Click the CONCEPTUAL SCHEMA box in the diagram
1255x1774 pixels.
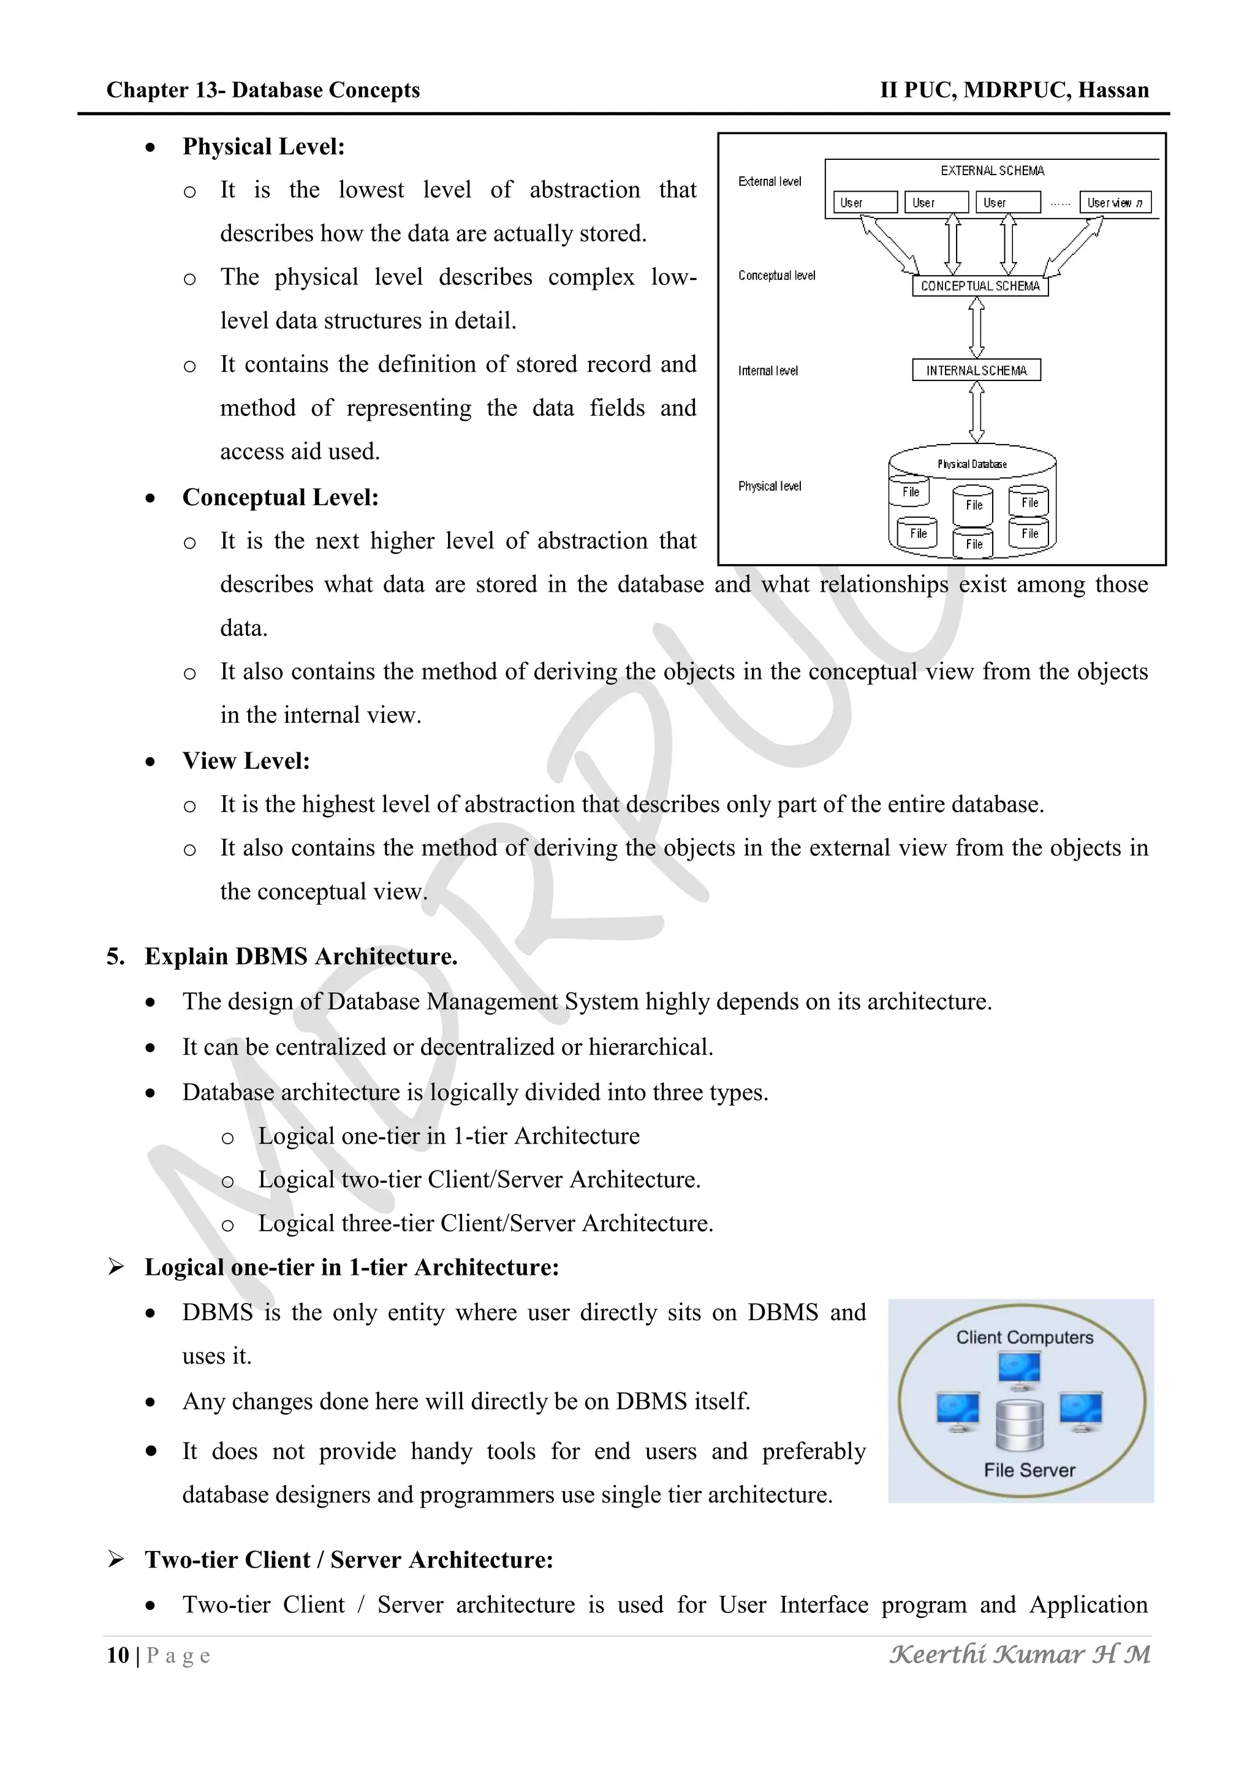(980, 286)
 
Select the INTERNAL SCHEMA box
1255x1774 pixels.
(976, 371)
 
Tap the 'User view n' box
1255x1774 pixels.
(1114, 202)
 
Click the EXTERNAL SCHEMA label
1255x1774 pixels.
(992, 171)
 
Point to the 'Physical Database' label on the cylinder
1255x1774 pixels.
(972, 464)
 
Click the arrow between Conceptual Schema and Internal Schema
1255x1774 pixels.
(977, 328)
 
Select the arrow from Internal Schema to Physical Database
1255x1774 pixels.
(977, 412)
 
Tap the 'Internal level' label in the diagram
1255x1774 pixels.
(767, 371)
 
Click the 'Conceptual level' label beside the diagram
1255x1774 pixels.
(776, 276)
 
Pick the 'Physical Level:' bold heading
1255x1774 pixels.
(264, 147)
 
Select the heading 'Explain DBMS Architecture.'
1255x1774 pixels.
(301, 957)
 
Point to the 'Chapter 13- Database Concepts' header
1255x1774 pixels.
(263, 91)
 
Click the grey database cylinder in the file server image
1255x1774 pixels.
(1019, 1425)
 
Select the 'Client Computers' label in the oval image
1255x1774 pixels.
(1025, 1337)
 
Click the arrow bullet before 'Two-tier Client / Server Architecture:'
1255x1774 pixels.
(116, 1560)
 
